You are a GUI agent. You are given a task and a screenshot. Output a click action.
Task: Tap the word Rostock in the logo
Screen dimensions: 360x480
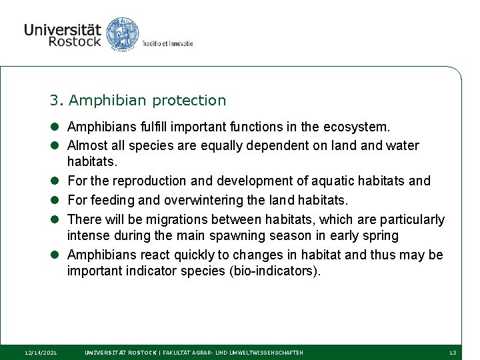click(74, 42)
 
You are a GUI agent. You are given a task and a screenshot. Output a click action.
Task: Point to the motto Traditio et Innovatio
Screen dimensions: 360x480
click(167, 43)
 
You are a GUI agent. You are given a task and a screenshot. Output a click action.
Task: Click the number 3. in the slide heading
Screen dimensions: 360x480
click(56, 101)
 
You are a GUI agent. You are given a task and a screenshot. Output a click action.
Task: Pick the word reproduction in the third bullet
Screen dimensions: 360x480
click(148, 181)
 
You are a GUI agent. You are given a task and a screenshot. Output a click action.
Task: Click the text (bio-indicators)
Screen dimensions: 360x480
click(271, 271)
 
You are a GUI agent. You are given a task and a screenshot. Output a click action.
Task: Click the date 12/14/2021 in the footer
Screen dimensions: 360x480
click(41, 352)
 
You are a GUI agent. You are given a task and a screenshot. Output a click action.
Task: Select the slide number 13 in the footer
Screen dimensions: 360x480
click(453, 352)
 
